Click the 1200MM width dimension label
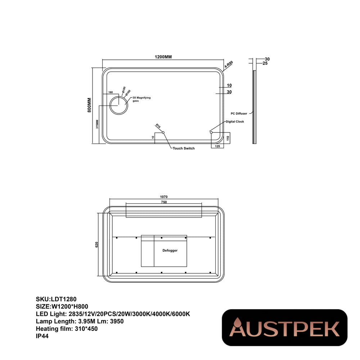pos(163,57)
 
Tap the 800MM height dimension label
pos(89,105)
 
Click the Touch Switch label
pos(184,148)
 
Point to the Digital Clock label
pos(235,121)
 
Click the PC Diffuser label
pos(239,113)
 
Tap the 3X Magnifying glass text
pos(141,99)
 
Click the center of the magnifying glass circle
pos(118,105)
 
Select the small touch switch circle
pos(163,132)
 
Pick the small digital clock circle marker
pos(211,132)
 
